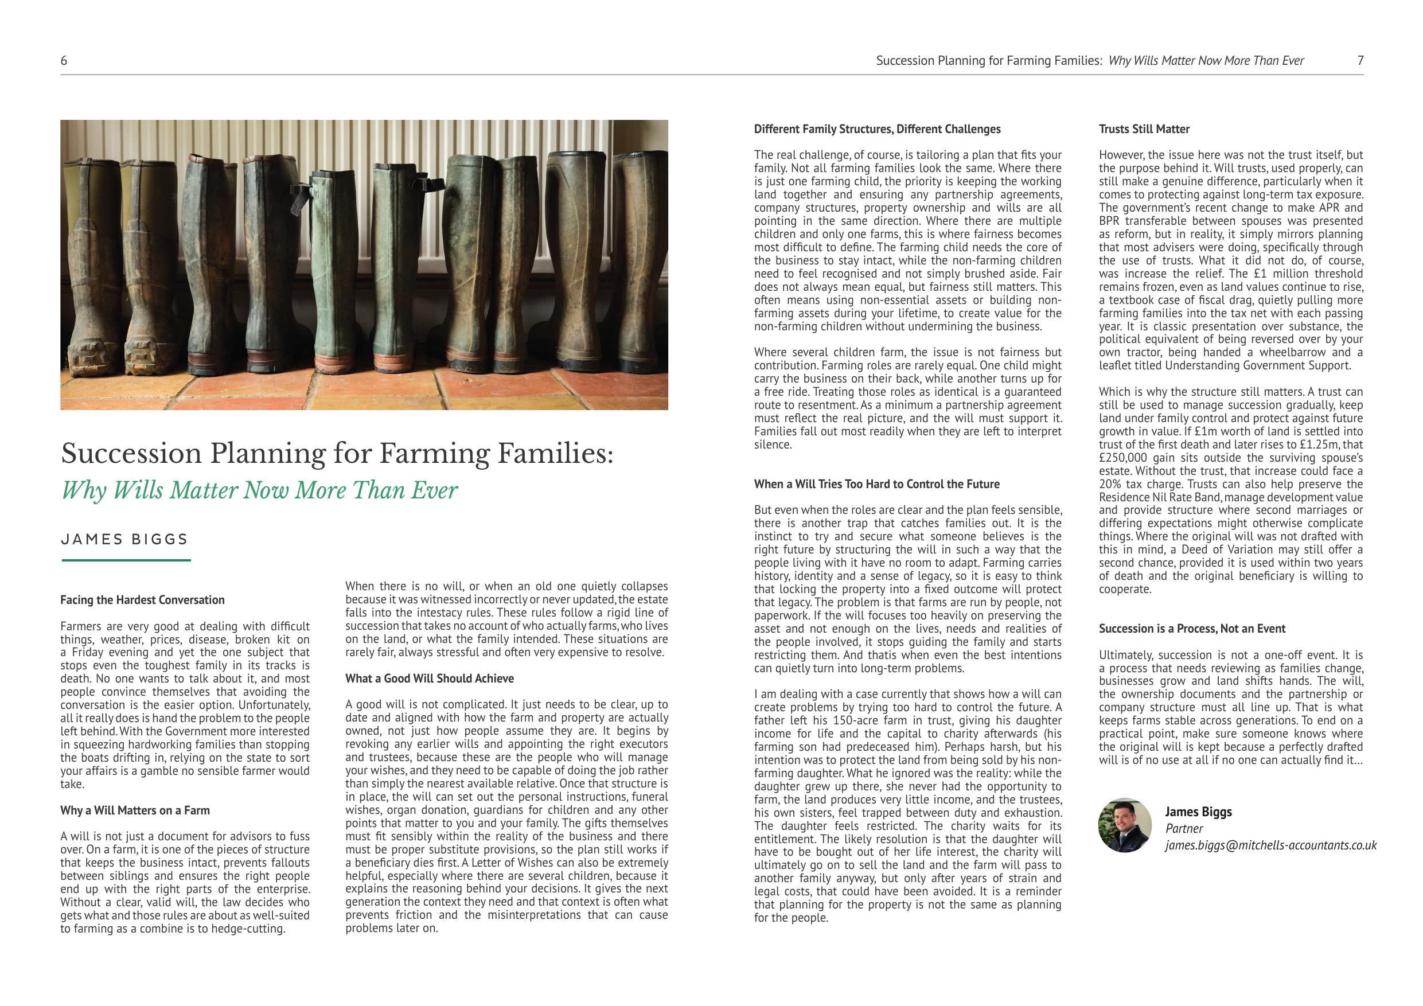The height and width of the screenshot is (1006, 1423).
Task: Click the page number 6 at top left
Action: tap(64, 61)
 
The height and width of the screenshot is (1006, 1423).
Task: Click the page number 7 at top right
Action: tap(1360, 61)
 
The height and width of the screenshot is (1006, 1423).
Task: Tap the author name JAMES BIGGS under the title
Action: tap(124, 539)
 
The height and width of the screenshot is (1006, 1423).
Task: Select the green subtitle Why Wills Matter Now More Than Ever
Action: tap(259, 490)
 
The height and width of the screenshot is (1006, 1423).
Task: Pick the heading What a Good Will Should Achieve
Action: tap(430, 678)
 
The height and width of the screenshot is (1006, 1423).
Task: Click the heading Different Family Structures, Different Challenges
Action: tap(877, 129)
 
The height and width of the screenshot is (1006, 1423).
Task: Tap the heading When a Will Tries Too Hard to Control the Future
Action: tap(876, 484)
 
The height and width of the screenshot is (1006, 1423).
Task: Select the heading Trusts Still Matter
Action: tap(1144, 129)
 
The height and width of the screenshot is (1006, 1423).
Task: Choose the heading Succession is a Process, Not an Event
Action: tap(1192, 629)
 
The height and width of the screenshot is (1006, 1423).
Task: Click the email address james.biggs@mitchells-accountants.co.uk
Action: tap(1270, 845)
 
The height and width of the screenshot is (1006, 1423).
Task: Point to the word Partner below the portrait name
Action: tap(1184, 829)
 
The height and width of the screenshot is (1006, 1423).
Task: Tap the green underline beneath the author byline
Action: tap(126, 560)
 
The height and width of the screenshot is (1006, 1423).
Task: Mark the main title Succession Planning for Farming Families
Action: tap(337, 454)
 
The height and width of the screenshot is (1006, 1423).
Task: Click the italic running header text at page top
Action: tap(1206, 61)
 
